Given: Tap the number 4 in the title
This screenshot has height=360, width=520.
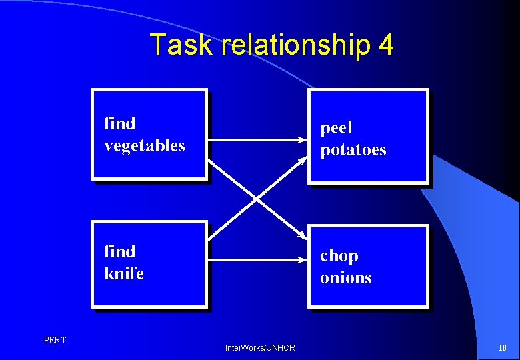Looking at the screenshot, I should [x=385, y=45].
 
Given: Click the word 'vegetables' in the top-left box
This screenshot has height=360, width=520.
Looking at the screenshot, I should [x=144, y=145].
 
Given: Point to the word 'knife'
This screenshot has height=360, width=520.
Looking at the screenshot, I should [x=123, y=273].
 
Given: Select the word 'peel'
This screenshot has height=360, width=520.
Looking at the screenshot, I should [x=336, y=127].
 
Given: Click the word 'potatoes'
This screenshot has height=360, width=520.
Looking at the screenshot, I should [x=353, y=150].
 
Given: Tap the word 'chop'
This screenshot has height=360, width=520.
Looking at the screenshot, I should [x=339, y=256].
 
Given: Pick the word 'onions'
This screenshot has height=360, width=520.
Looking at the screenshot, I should [x=345, y=278].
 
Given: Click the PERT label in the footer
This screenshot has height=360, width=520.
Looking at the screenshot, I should [x=55, y=341].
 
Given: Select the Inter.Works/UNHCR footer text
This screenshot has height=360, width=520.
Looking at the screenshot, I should [x=260, y=348].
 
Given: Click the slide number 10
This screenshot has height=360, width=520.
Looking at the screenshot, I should [x=502, y=348].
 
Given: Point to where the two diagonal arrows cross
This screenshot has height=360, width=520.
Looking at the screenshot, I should [x=257, y=198].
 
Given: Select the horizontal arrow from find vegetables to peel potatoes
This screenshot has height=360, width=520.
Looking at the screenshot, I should [x=253, y=140].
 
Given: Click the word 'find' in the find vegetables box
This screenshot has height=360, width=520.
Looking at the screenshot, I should [x=119, y=123].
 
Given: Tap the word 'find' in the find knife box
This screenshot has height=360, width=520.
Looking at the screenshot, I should [x=119, y=251].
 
